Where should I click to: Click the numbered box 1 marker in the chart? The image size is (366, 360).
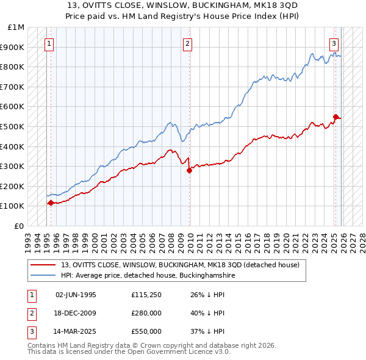click(48, 43)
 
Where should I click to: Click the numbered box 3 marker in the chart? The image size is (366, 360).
click(334, 43)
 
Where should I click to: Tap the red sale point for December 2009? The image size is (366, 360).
click(189, 170)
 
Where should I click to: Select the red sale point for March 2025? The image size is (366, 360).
click(335, 117)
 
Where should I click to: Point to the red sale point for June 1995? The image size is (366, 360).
click(51, 203)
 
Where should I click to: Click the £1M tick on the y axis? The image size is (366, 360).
click(16, 27)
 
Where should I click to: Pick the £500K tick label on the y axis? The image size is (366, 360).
click(13, 126)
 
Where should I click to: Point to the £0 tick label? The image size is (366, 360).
click(18, 226)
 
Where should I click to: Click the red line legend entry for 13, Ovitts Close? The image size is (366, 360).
click(179, 265)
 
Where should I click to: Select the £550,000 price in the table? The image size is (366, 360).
click(146, 331)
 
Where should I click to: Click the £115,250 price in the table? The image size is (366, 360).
click(146, 295)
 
